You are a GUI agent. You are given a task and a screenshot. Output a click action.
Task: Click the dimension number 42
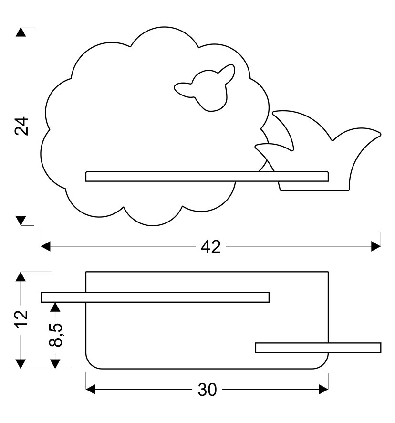click(x=210, y=246)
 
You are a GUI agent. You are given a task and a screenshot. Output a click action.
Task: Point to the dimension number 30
click(x=207, y=390)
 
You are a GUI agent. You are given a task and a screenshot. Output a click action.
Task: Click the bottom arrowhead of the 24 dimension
click(x=21, y=220)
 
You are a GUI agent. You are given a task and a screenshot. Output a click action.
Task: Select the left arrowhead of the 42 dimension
click(x=45, y=246)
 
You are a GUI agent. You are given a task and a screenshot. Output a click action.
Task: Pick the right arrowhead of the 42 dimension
click(x=376, y=246)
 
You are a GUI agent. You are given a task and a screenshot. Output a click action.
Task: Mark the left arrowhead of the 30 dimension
click(x=91, y=390)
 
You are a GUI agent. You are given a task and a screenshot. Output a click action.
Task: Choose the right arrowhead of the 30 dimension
click(x=324, y=390)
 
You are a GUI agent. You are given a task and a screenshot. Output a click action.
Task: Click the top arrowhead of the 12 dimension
click(x=21, y=277)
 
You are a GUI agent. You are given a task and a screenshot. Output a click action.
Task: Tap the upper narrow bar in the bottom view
click(x=155, y=297)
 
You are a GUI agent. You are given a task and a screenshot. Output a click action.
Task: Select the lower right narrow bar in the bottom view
click(x=318, y=348)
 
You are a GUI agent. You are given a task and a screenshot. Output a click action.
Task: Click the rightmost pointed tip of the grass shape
click(x=380, y=133)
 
